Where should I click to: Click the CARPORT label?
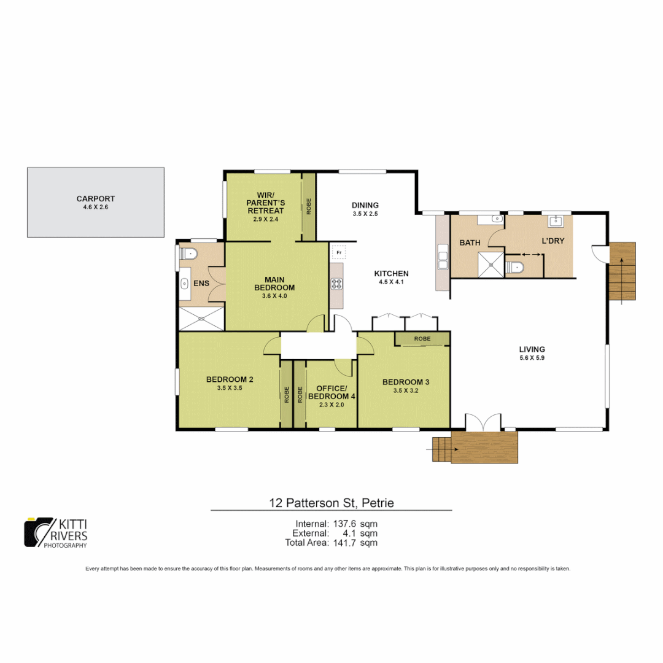(x=95, y=198)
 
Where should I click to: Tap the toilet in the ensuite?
(x=188, y=253)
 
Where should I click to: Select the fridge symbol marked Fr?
(x=339, y=252)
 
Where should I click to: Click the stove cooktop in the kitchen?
(x=337, y=283)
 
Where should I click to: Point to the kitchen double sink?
(x=443, y=257)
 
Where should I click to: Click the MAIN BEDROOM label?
(x=274, y=283)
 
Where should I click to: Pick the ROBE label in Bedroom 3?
(x=422, y=339)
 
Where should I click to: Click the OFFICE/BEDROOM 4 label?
(x=331, y=392)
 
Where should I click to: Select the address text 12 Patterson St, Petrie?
(x=331, y=503)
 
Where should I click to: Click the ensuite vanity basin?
(x=185, y=284)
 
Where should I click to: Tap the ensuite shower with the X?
(x=201, y=319)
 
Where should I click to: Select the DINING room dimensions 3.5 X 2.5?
(x=365, y=214)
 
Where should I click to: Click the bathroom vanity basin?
(x=496, y=219)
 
